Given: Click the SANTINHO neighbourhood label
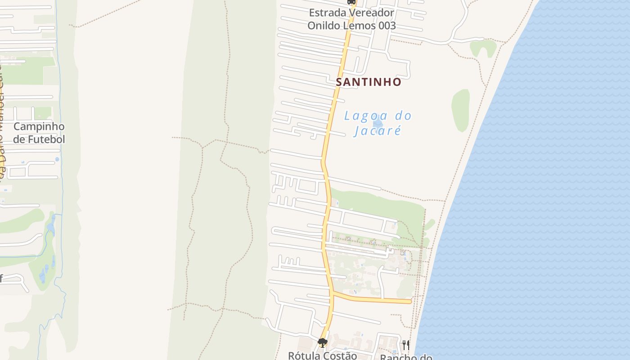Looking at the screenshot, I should [369, 82].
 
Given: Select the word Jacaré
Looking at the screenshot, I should [377, 131].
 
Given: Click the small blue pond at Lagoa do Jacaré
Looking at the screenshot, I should [378, 123].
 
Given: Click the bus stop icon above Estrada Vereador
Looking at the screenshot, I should [351, 2].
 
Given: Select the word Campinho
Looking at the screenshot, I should [39, 126].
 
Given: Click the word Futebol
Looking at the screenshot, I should [46, 139].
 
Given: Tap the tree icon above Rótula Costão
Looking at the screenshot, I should [322, 343].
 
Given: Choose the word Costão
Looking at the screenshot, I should [341, 355].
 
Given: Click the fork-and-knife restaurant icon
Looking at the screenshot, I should [406, 345].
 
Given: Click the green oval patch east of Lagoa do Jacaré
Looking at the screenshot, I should [460, 110].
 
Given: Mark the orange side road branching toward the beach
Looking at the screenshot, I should [373, 299].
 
